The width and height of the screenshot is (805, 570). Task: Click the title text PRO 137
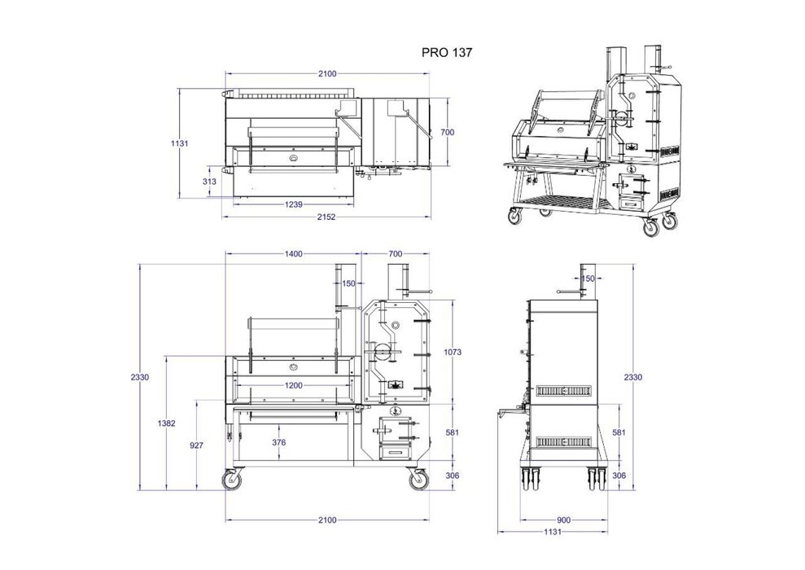[446, 52]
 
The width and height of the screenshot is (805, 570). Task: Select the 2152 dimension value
[326, 217]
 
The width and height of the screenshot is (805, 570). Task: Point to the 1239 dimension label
[293, 204]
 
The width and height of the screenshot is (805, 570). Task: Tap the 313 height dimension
[209, 182]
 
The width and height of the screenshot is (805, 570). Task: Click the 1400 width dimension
[294, 254]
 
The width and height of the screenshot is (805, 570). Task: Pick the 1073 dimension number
[453, 353]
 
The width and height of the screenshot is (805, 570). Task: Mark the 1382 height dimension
[166, 423]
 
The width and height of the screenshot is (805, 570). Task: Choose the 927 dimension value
[197, 445]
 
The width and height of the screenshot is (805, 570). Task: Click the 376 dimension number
[278, 442]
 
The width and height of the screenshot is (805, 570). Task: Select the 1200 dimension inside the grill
[293, 386]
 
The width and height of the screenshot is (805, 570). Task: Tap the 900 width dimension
[564, 520]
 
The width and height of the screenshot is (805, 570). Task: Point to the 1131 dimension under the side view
[553, 533]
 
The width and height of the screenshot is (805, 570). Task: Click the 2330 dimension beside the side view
[633, 378]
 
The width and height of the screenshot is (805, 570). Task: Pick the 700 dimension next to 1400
[396, 254]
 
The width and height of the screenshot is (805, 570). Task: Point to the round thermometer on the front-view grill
[293, 366]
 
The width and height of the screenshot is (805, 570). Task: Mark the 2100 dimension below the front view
[327, 520]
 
